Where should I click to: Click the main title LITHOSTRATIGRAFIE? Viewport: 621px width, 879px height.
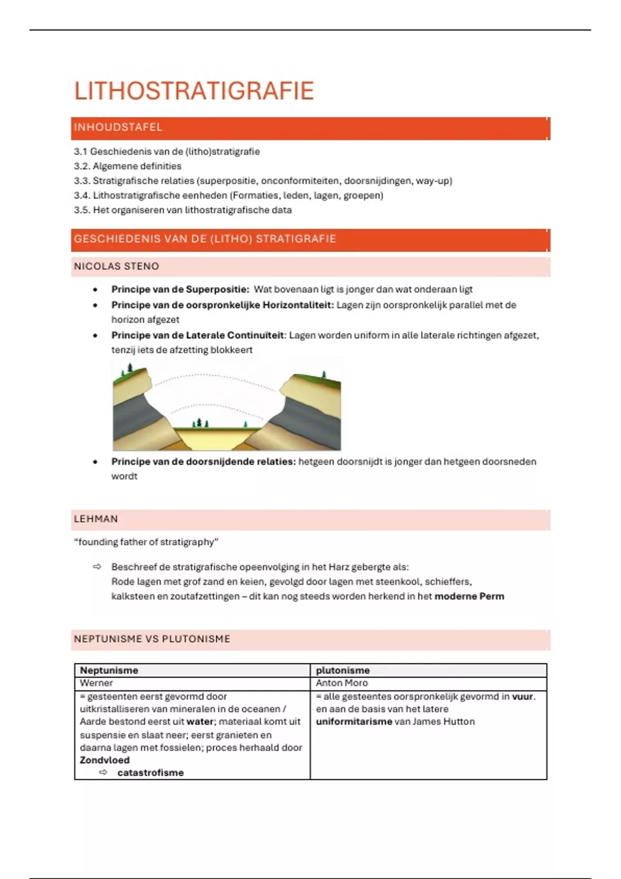[194, 91]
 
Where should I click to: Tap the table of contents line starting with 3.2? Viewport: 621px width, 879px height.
[127, 166]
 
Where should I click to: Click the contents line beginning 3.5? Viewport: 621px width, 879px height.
[183, 210]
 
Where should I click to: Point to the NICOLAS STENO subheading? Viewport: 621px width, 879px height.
[116, 266]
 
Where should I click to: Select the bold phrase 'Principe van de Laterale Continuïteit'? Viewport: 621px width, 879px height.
[198, 335]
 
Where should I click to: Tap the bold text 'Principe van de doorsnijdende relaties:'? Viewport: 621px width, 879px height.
[203, 462]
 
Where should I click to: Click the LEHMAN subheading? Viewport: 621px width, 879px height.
[96, 519]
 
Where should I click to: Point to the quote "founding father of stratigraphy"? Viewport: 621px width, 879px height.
[146, 542]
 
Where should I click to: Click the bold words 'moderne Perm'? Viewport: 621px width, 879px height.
[469, 596]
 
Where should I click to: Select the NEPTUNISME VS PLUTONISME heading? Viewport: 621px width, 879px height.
[152, 639]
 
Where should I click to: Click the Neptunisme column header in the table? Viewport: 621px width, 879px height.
[109, 670]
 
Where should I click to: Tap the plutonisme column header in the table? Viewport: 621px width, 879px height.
[343, 670]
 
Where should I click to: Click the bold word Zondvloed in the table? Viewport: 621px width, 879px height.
[105, 760]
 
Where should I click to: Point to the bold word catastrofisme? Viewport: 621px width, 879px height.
[151, 772]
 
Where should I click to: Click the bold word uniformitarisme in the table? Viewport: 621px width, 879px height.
[354, 721]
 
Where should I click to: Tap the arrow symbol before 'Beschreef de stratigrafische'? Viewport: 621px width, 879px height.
[97, 567]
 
